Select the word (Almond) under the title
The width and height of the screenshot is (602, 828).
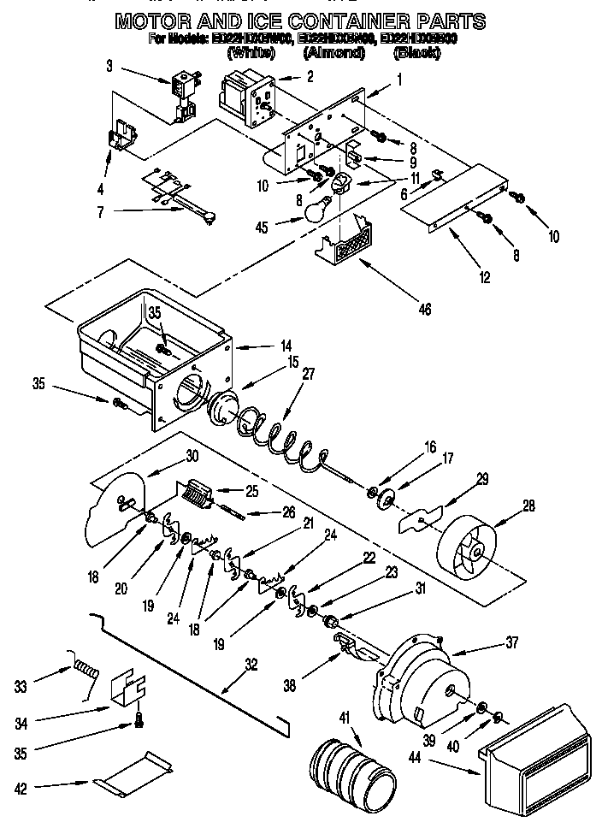(x=334, y=53)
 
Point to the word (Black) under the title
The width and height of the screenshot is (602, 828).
(x=416, y=53)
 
